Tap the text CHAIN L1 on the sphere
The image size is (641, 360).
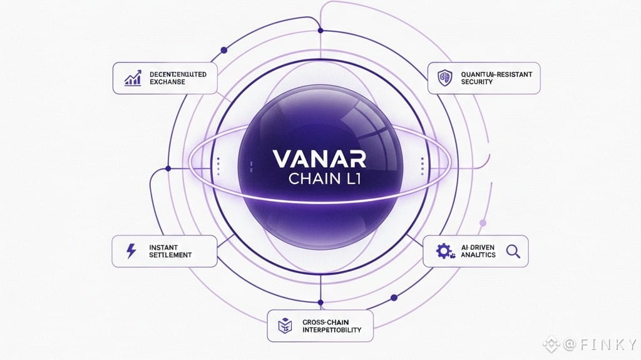point(320,179)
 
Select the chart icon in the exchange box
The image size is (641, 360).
point(133,78)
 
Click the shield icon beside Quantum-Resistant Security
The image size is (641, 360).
point(444,78)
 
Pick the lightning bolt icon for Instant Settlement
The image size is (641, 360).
point(131,251)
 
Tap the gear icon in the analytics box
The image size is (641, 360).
point(443,252)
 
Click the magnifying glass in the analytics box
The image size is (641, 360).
point(513,252)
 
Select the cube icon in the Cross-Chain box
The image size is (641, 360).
point(283,325)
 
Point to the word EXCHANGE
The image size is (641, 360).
point(167,82)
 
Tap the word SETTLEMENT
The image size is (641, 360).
point(170,255)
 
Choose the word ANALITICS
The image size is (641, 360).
point(478,255)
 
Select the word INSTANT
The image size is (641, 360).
point(164,247)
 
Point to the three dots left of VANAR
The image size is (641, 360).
point(218,165)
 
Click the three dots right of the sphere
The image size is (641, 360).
point(423,165)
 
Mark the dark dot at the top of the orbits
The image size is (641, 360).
point(320,30)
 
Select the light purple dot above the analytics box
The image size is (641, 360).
point(483,222)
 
